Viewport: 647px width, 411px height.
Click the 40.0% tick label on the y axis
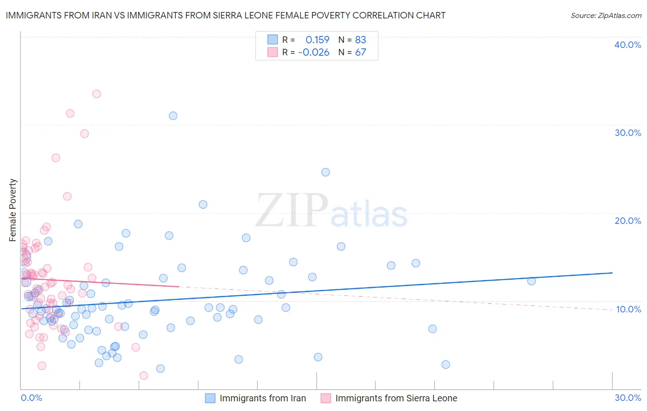[x=627, y=45]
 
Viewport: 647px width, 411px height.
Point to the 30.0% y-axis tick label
[x=627, y=133]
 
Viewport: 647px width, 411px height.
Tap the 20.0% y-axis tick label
[x=627, y=221]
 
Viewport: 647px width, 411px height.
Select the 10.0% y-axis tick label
[x=628, y=309]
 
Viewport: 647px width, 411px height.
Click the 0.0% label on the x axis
[x=31, y=398]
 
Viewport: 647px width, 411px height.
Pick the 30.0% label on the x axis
[x=628, y=398]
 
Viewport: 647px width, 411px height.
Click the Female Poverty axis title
[x=13, y=210]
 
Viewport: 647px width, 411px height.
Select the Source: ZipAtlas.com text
[x=606, y=16]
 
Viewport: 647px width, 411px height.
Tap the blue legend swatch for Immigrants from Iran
[x=210, y=398]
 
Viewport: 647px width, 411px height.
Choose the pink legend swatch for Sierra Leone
[x=326, y=398]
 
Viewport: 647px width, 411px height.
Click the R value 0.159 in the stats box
[x=318, y=40]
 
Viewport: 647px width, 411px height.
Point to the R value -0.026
[x=314, y=53]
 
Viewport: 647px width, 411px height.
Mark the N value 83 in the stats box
[x=360, y=40]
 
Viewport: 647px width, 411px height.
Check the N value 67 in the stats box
[x=360, y=53]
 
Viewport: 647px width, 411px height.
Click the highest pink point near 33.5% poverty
[x=97, y=94]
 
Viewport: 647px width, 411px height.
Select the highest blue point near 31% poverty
[x=173, y=116]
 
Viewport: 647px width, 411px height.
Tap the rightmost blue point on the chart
[x=531, y=281]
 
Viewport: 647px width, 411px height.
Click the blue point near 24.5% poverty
[x=325, y=172]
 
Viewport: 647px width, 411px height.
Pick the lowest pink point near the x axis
[x=144, y=376]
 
